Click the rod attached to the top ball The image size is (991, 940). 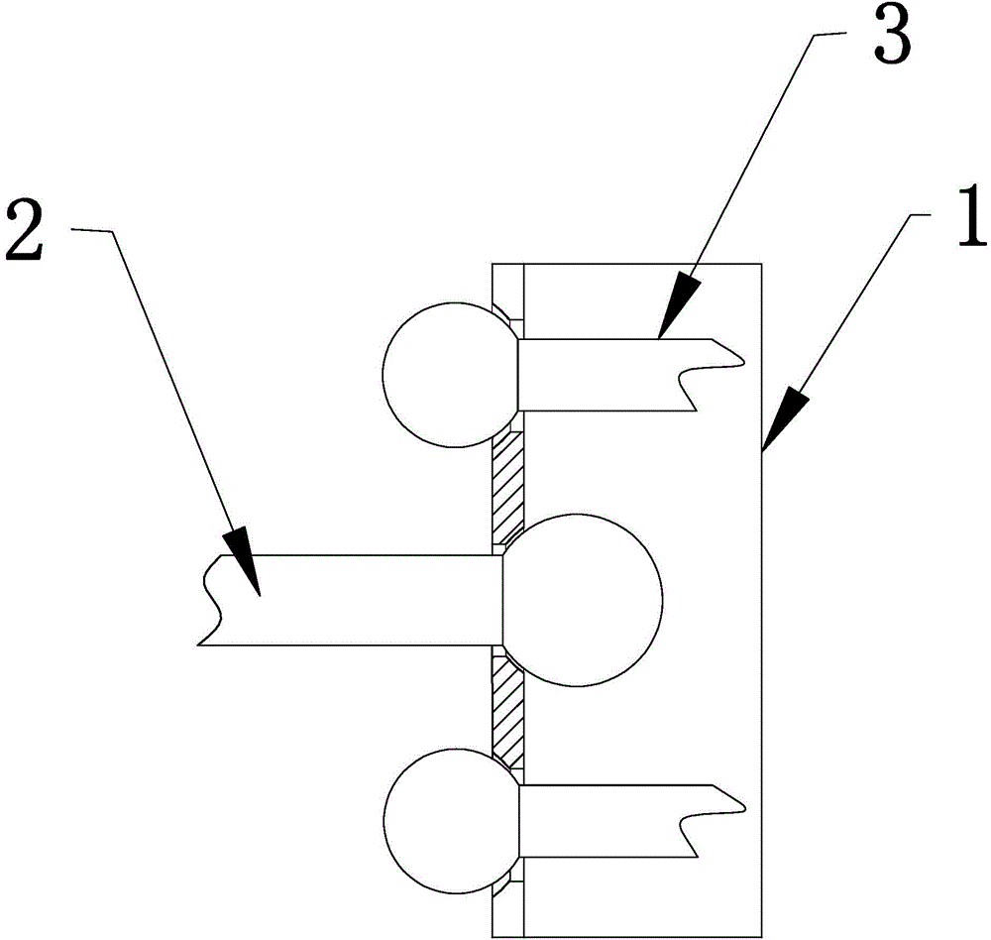tap(605, 375)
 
